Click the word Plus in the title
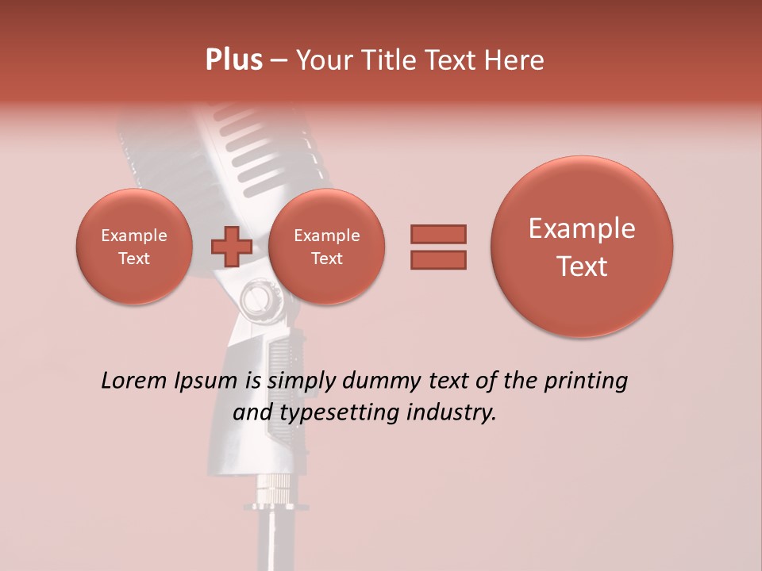(233, 60)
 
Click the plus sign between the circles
(231, 247)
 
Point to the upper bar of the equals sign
(438, 235)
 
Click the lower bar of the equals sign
(438, 259)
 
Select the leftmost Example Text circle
(134, 247)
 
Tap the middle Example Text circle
(327, 247)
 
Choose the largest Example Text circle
(582, 247)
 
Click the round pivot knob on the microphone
(256, 299)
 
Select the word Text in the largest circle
(582, 266)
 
